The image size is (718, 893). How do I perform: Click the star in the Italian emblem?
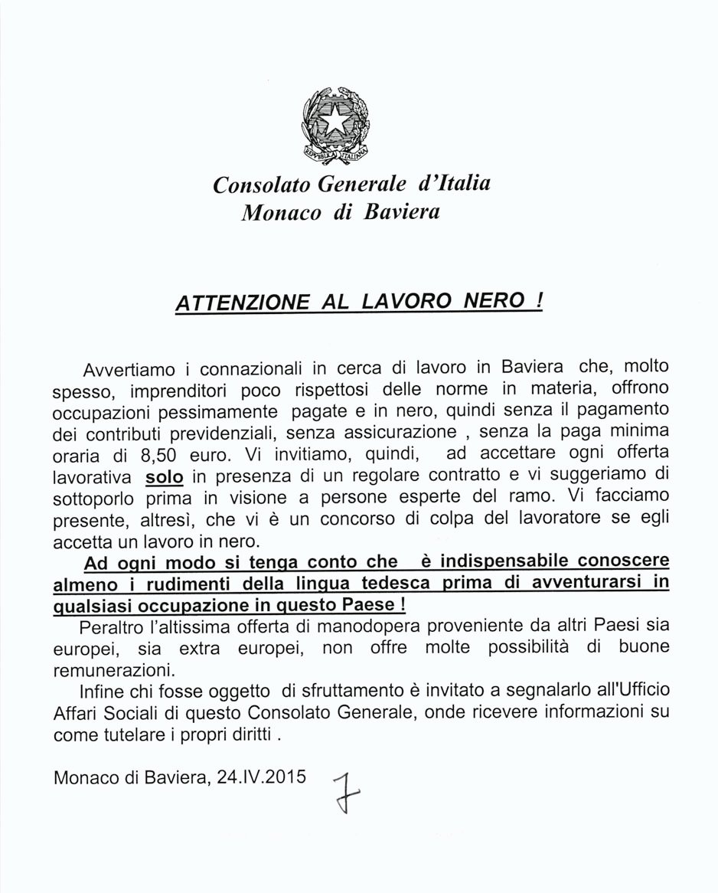pos(335,118)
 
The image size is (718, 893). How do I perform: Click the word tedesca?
pos(400,584)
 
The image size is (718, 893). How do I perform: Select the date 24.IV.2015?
pos(262,776)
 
